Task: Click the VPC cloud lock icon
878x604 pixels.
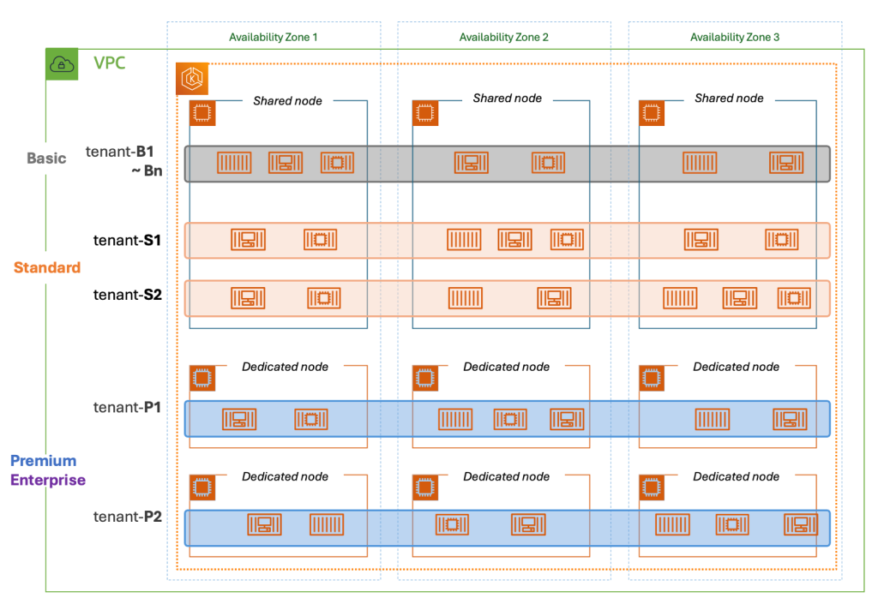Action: (x=61, y=64)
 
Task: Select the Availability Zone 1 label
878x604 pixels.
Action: (x=273, y=37)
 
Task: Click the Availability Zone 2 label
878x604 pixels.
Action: (x=503, y=37)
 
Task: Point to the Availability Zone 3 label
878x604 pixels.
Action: (x=735, y=37)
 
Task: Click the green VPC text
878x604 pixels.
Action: (x=111, y=63)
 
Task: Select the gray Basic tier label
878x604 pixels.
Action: (x=46, y=158)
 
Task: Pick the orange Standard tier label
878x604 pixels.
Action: (x=47, y=267)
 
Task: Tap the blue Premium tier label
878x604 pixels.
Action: (x=43, y=461)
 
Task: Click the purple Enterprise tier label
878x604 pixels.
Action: (x=48, y=481)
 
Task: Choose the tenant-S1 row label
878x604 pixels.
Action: (x=128, y=241)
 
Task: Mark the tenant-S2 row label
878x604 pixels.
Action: (x=128, y=295)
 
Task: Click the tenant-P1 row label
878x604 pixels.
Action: (x=128, y=407)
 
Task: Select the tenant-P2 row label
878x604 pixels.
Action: (x=128, y=517)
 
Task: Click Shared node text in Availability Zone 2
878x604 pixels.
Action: (x=507, y=99)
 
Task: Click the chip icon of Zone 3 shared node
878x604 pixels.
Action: (x=652, y=113)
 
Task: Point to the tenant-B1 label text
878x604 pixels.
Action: (x=125, y=152)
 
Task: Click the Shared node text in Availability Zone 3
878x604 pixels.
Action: (x=729, y=99)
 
